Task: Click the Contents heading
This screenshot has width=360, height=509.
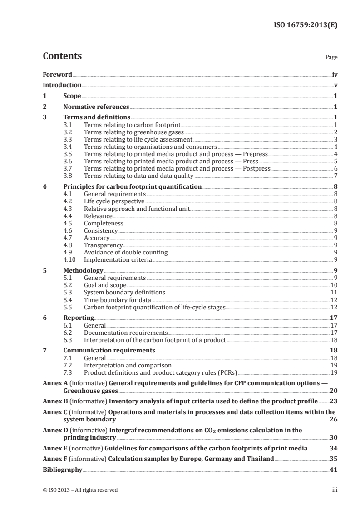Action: (x=62, y=56)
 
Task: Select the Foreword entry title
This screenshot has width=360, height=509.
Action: (x=57, y=74)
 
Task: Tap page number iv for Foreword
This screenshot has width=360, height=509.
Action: (x=335, y=74)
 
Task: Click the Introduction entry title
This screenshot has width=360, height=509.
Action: (x=62, y=85)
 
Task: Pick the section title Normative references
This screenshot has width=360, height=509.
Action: (x=96, y=107)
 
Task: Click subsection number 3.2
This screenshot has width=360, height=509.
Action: (x=69, y=132)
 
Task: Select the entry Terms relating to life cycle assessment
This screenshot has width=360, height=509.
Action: (x=138, y=139)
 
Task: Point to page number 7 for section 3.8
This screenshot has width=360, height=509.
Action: (x=335, y=176)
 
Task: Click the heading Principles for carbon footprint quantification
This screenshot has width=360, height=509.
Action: (x=132, y=186)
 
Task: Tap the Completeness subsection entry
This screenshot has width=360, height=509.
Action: (x=104, y=223)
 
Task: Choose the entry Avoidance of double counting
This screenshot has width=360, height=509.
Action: (x=126, y=252)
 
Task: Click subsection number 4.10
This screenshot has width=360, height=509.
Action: (x=70, y=259)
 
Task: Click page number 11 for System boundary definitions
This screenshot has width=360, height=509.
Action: (x=333, y=292)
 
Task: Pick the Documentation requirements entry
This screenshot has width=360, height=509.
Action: (x=126, y=333)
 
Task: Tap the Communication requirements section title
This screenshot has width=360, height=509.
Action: (x=109, y=351)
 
